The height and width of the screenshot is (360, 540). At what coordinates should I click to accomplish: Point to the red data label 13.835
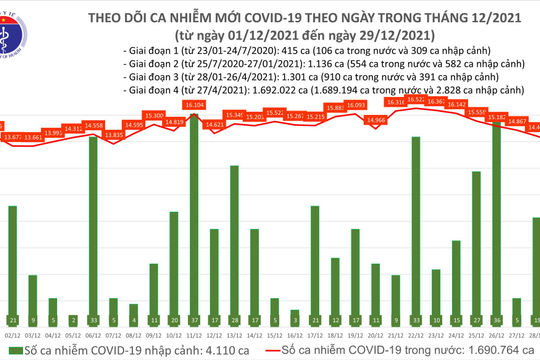(113, 134)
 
